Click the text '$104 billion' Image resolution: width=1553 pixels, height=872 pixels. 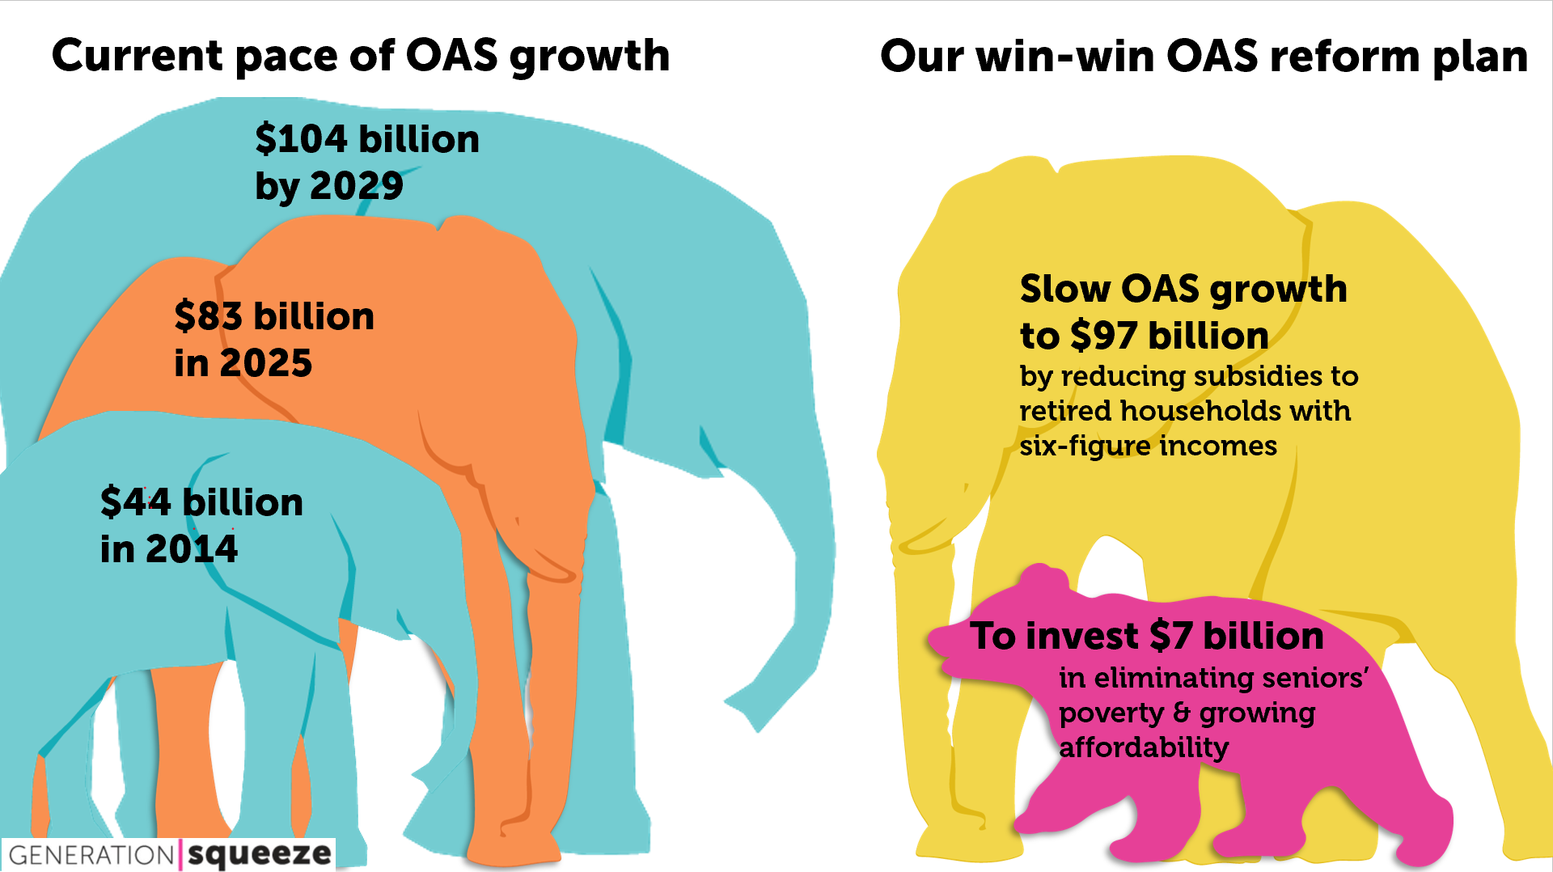pyautogui.click(x=367, y=139)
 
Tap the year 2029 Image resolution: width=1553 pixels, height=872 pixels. pyautogui.click(x=357, y=186)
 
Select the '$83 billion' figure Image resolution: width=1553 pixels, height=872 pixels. pyautogui.click(x=274, y=316)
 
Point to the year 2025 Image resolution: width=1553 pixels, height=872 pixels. pyautogui.click(x=266, y=363)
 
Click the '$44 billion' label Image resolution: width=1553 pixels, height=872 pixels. pyautogui.click(x=201, y=502)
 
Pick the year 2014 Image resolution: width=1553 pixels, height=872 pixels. pyautogui.click(x=192, y=549)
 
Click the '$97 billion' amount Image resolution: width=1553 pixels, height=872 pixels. pyautogui.click(x=1169, y=336)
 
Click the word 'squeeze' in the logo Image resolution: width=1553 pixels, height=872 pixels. pyautogui.click(x=260, y=854)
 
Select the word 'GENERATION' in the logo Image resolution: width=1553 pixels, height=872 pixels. pyautogui.click(x=91, y=855)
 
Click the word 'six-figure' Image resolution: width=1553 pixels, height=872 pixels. pyautogui.click(x=1084, y=446)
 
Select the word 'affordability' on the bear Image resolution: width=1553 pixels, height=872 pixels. pyautogui.click(x=1144, y=747)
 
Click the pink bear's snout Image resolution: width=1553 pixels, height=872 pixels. pyautogui.click(x=943, y=641)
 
